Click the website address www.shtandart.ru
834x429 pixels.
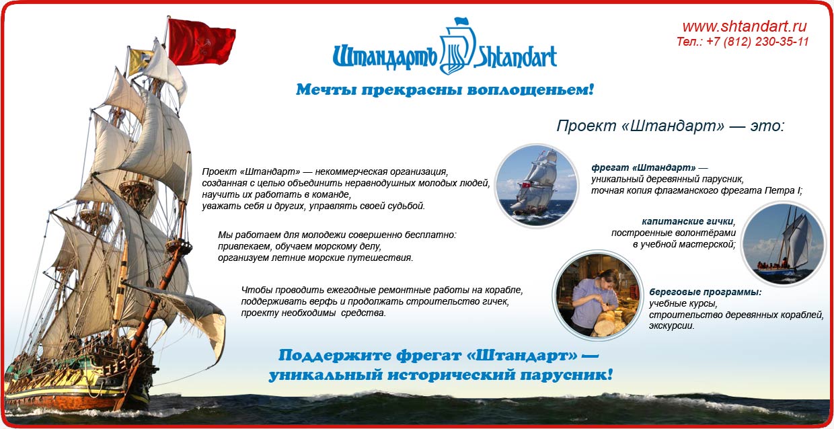tap(745, 26)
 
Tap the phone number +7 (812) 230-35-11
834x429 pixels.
tap(757, 42)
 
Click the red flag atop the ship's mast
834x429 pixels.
tap(201, 42)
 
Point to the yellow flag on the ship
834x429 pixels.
tap(140, 61)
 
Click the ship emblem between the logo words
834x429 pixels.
tap(457, 46)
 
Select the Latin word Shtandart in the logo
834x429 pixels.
tap(515, 57)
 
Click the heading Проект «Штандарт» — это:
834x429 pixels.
tap(671, 126)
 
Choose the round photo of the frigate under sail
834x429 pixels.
tap(537, 186)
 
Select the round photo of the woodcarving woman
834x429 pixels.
tap(597, 295)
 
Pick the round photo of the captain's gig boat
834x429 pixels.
tap(784, 243)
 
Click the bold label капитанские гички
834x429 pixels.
tap(687, 222)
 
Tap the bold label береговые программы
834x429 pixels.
tap(705, 292)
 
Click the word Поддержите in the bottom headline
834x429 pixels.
tap(335, 356)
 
